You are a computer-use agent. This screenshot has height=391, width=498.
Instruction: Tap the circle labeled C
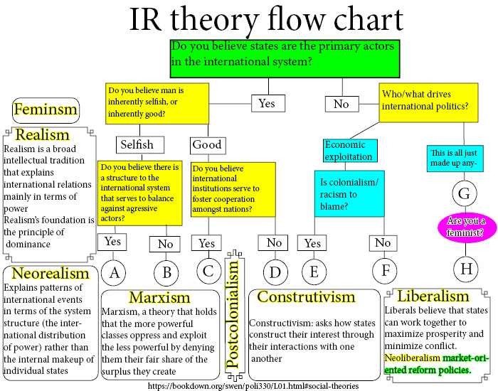coord(206,271)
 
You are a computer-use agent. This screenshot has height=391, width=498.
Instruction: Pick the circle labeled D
coord(275,272)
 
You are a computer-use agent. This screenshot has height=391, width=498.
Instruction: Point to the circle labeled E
coord(312,271)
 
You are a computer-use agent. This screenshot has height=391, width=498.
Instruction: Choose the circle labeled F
coord(383,272)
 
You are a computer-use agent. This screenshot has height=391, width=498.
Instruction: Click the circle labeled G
coord(465,193)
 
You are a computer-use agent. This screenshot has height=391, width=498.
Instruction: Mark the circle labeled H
coord(465,267)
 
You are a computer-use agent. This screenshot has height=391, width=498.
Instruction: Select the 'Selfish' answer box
coord(136,144)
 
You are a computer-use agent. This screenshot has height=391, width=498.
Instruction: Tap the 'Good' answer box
coord(206,145)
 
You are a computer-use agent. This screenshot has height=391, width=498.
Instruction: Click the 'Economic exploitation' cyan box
coord(350,151)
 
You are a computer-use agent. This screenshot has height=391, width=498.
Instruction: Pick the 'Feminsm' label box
coord(46,110)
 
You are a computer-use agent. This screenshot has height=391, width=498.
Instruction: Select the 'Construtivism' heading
coord(306,296)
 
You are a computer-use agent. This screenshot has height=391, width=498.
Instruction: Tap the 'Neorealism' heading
coord(51,274)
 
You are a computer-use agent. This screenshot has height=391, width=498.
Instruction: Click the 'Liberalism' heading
coord(433,296)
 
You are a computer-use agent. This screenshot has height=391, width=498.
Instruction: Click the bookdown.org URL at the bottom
coord(253,385)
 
